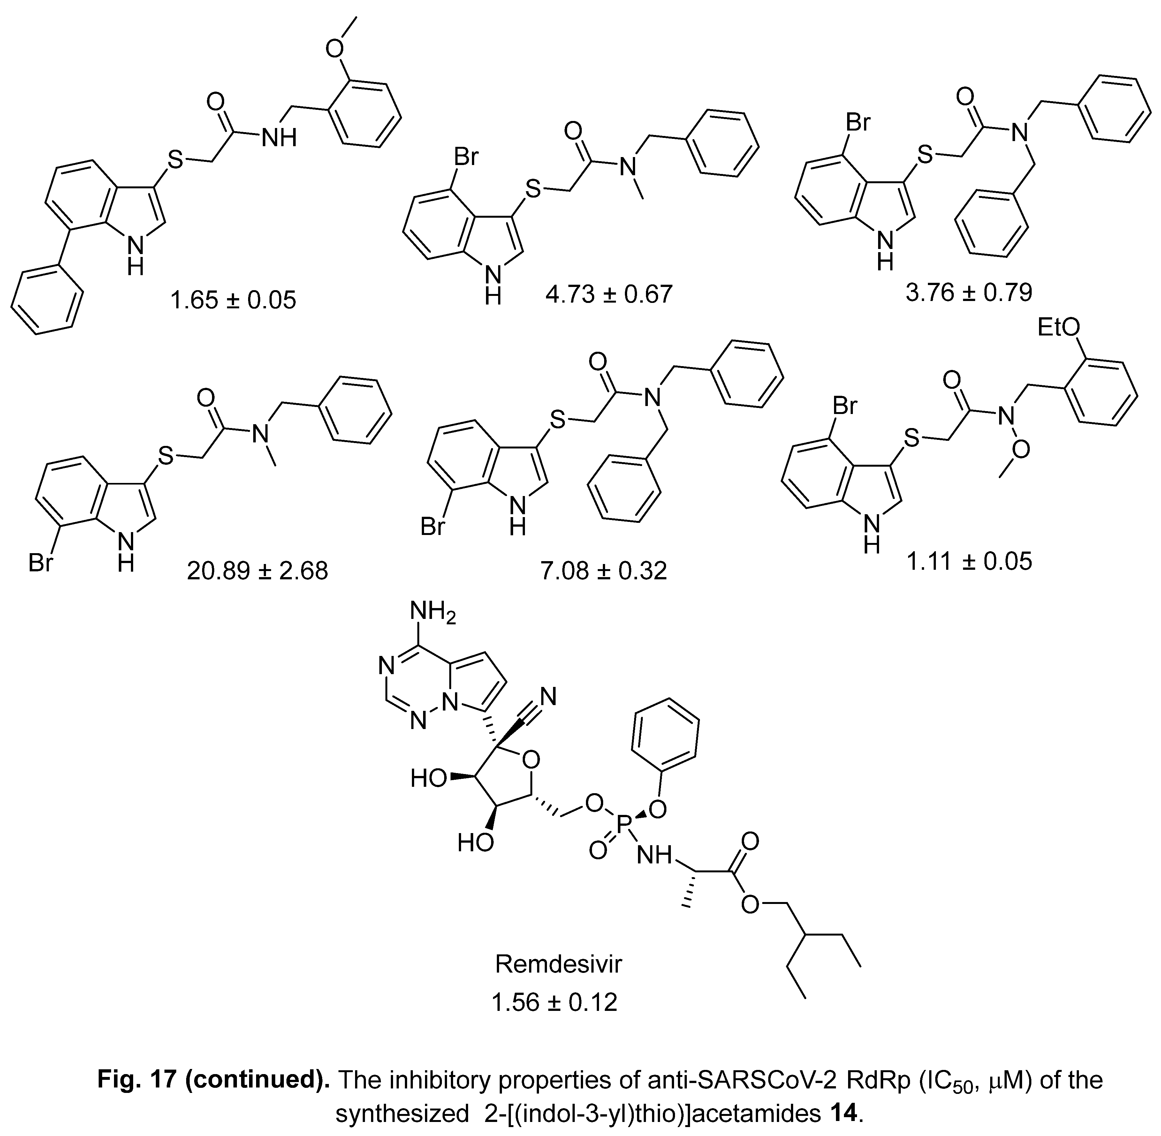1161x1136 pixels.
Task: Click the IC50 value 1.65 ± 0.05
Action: (x=233, y=299)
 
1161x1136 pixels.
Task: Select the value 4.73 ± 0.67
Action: (x=609, y=294)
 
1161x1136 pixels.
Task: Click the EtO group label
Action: (x=1059, y=327)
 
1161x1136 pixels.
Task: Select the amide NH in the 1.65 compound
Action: (x=279, y=138)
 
